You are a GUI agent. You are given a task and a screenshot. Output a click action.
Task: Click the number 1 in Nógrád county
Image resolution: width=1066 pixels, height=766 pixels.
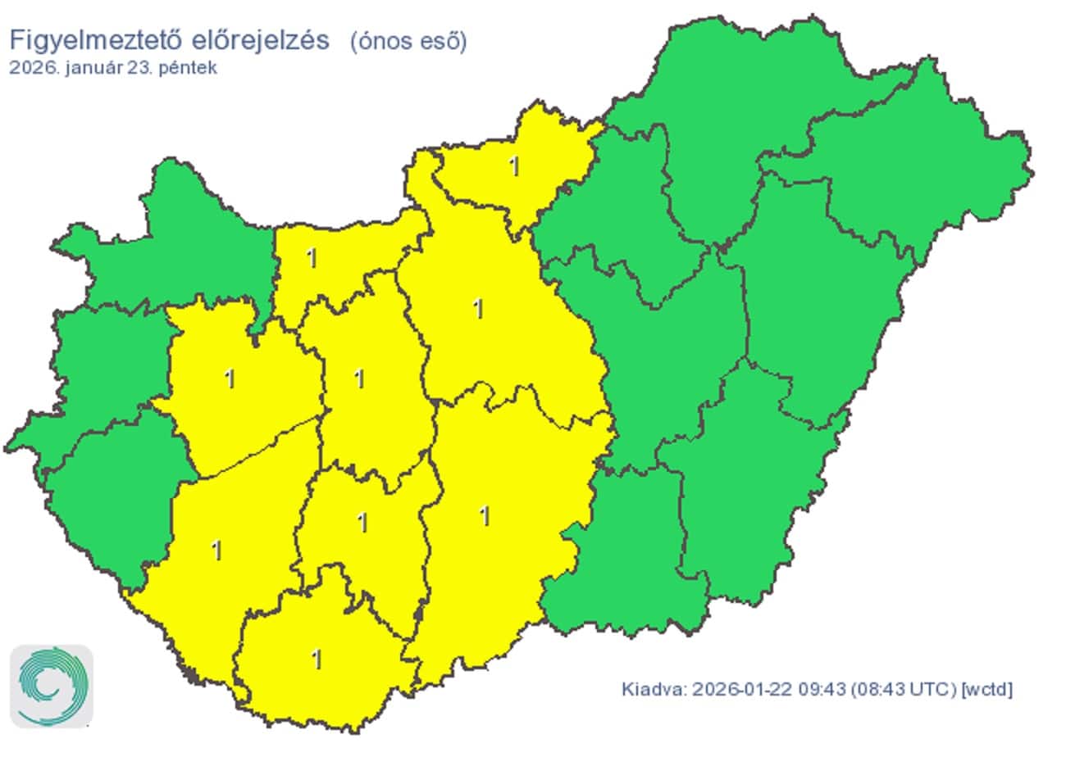coord(514,166)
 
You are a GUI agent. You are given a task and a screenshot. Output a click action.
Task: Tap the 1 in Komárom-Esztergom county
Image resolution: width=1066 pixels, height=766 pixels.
coord(311,258)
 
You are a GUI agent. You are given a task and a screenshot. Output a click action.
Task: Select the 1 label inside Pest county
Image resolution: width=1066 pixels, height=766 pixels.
coord(478,309)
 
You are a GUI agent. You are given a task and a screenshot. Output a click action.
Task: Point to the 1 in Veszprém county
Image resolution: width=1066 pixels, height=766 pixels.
coord(230,378)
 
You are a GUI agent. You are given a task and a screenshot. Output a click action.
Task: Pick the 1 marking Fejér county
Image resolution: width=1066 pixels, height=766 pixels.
coord(358,378)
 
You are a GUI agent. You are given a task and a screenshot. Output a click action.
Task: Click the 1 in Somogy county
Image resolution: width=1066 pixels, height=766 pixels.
coord(216,550)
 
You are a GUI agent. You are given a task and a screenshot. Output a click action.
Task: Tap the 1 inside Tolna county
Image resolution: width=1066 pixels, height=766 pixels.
coord(362,522)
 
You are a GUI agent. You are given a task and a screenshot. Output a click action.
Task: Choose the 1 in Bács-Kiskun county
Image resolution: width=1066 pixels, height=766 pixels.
coord(485,516)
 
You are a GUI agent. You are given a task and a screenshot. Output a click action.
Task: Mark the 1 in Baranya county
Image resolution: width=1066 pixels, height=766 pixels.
coord(317,659)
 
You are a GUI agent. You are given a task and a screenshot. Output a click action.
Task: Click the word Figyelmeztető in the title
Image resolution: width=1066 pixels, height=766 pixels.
coord(87,39)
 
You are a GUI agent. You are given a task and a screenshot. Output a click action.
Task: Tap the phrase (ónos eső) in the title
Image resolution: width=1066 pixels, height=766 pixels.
coord(408,41)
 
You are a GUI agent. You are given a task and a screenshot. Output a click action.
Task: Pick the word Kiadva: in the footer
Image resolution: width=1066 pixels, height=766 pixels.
coord(653,689)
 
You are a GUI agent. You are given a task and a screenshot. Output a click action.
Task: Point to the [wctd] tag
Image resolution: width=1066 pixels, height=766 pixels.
coord(987,689)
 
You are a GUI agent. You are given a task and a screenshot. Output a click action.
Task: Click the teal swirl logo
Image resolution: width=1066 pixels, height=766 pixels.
coord(52,686)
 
